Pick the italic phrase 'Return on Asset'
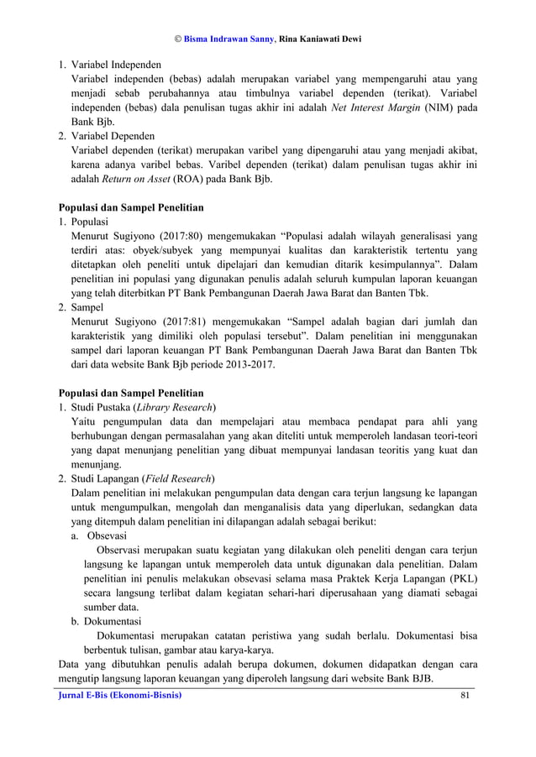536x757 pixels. point(136,178)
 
